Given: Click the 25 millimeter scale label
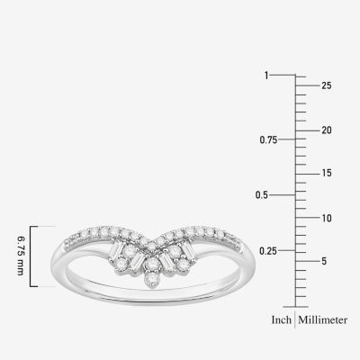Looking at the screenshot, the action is pyautogui.click(x=327, y=85).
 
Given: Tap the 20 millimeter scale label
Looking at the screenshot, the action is pyautogui.click(x=327, y=130).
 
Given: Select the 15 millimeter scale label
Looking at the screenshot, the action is pyautogui.click(x=327, y=173).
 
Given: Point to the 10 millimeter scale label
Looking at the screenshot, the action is pyautogui.click(x=327, y=218).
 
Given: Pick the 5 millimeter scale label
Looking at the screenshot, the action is pyautogui.click(x=324, y=261).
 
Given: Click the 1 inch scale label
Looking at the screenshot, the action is pyautogui.click(x=266, y=76).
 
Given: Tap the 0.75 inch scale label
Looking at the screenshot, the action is pyautogui.click(x=268, y=139).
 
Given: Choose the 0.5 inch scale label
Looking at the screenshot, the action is pyautogui.click(x=262, y=195).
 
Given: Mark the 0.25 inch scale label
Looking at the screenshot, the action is pyautogui.click(x=268, y=250).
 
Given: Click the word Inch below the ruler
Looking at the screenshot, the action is pyautogui.click(x=282, y=319).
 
